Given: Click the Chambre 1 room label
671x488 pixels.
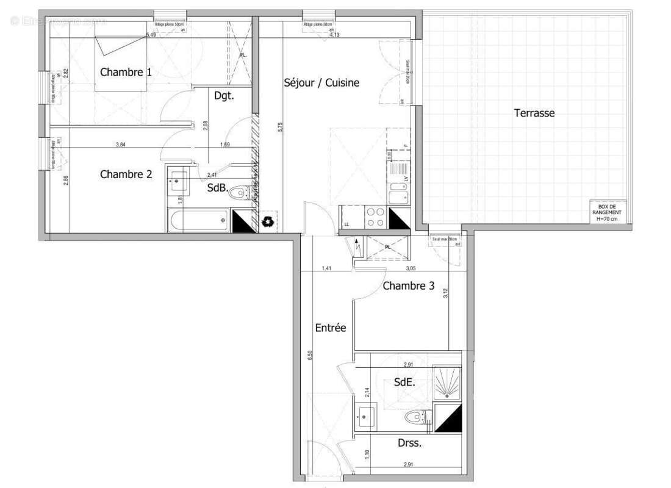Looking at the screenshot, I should [x=126, y=72].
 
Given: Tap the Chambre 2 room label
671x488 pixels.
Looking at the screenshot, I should [x=126, y=174].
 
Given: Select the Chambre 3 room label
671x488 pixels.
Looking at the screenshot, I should [x=408, y=285].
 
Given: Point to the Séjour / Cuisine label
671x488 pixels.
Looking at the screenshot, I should [x=321, y=82].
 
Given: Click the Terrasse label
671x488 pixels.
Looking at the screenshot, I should [x=534, y=113].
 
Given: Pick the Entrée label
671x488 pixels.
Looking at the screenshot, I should [x=331, y=328].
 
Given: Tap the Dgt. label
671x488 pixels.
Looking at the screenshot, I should [x=224, y=96].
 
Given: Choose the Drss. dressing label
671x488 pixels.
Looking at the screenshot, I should [x=409, y=443].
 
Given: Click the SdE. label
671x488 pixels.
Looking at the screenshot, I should [x=404, y=382].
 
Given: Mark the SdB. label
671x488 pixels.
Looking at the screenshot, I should [x=217, y=188].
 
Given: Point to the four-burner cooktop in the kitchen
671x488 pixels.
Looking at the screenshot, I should [x=375, y=217].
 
